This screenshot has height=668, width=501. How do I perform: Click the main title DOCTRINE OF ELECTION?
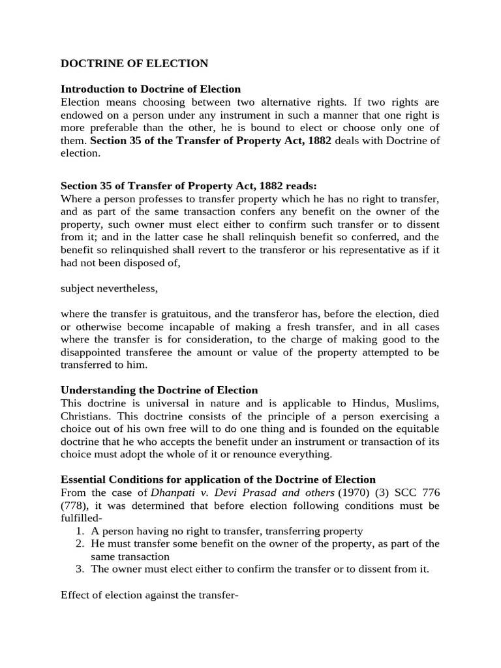point(134,64)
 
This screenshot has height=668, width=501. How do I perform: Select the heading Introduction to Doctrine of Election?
point(151,89)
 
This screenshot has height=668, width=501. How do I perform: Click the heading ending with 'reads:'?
point(189,185)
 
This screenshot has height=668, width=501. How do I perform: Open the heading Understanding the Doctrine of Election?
point(159,390)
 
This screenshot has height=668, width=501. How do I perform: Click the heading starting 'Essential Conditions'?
point(218,479)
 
